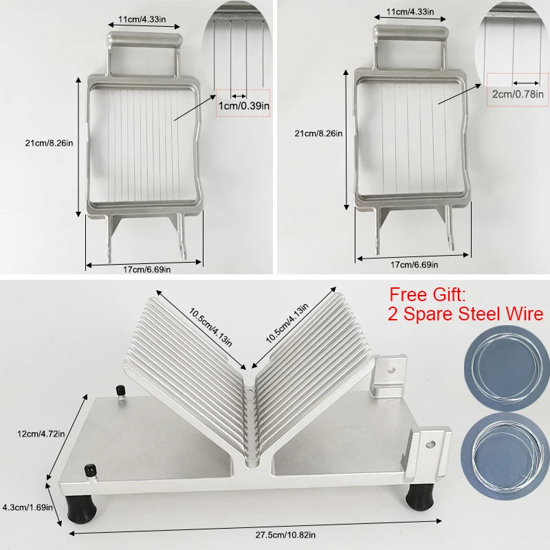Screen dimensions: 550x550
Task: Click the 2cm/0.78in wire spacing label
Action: pyautogui.click(x=515, y=93)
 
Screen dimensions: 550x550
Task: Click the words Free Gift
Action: pyautogui.click(x=428, y=295)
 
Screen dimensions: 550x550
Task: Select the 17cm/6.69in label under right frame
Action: pyautogui.click(x=414, y=264)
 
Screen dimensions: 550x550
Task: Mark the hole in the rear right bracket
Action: pyautogui.click(x=392, y=369)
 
